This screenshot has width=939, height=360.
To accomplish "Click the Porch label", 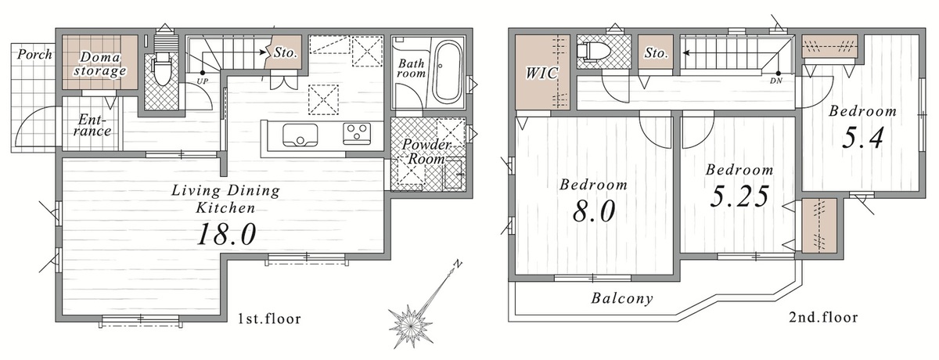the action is click(x=34, y=55).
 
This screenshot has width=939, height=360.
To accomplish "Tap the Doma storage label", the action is click(x=100, y=63).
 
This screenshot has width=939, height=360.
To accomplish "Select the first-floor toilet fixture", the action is click(x=161, y=69).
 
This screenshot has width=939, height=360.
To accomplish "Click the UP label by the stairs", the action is click(x=203, y=81).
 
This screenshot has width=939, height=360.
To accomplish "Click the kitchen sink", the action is click(x=300, y=135).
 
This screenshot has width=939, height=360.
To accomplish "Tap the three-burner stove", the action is click(x=357, y=133).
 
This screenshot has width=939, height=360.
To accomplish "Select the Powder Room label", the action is click(x=426, y=151).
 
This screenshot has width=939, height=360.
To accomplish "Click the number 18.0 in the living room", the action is click(x=226, y=234).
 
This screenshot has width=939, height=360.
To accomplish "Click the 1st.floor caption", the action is click(x=269, y=319).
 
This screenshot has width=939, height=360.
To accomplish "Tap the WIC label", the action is click(x=541, y=73).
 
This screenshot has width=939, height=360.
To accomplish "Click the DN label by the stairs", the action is click(x=776, y=81).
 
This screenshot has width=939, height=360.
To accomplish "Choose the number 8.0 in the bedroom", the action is click(x=594, y=211).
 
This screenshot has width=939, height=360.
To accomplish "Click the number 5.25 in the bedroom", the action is click(x=740, y=196).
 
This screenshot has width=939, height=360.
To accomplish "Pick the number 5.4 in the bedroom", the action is click(x=862, y=138).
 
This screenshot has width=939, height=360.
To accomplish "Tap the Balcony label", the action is click(x=622, y=298).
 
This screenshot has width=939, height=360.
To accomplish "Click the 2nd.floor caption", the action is click(x=823, y=317).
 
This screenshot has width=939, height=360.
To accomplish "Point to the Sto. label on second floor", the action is click(x=656, y=52).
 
